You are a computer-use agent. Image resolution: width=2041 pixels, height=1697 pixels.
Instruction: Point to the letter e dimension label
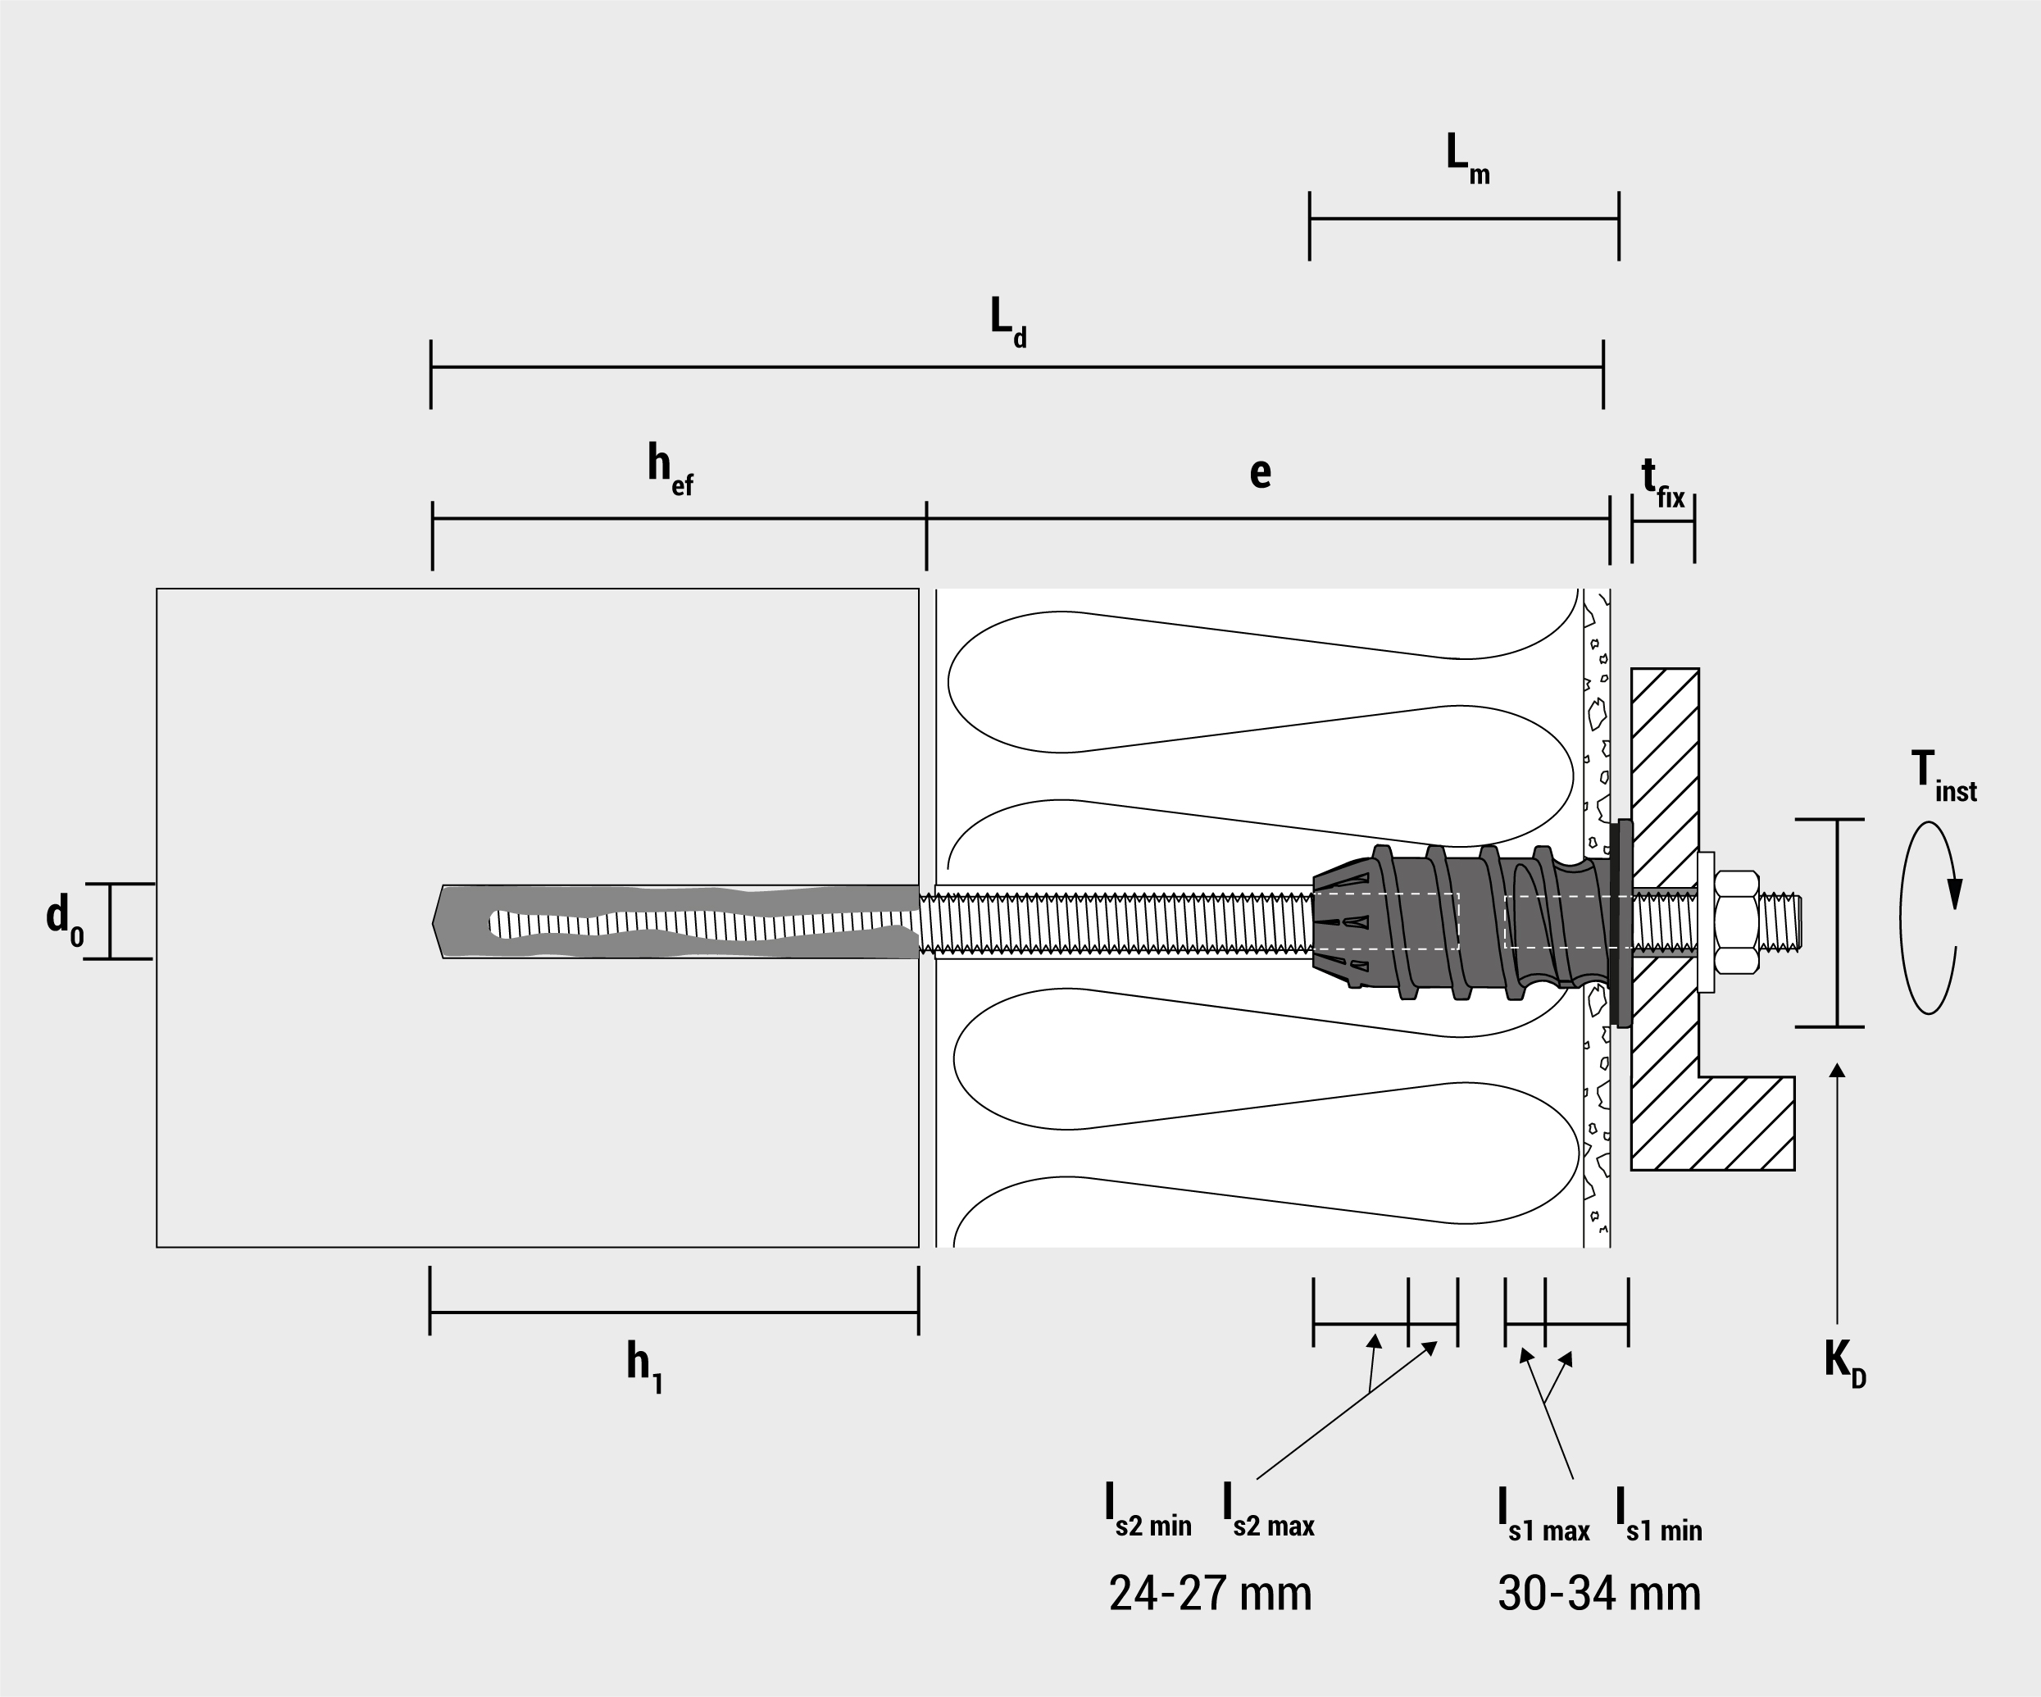pos(1260,472)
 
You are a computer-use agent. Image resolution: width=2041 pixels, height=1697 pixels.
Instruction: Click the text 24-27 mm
pos(1210,1594)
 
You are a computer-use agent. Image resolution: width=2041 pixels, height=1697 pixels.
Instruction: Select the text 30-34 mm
pos(1598,1594)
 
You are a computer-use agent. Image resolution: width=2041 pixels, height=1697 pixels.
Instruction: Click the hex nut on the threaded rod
pos(1737,921)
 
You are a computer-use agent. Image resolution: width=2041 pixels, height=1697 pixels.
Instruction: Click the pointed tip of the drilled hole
pos(436,921)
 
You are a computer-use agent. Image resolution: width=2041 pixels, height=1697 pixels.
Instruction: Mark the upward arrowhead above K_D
pos(1837,1071)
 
